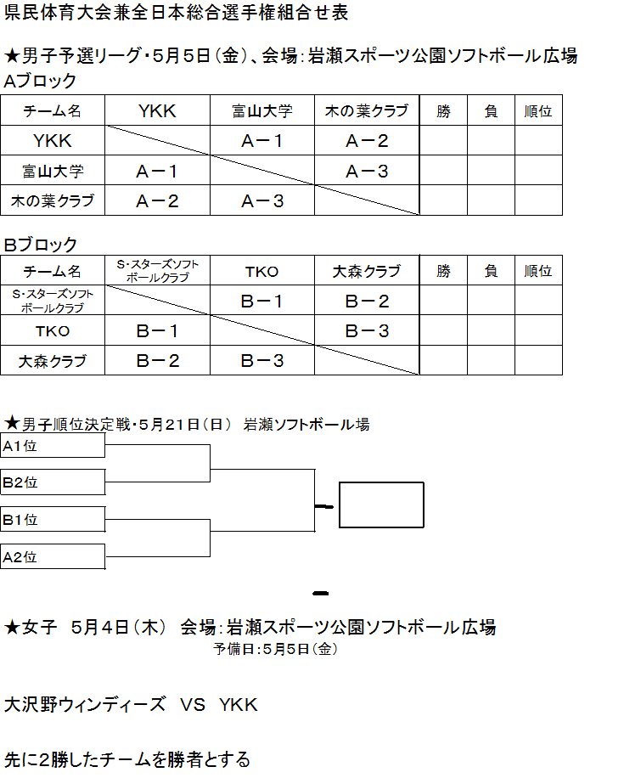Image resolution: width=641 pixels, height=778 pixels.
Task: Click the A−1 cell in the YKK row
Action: click(x=262, y=141)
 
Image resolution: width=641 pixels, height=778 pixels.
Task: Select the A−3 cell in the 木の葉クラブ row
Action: click(x=262, y=201)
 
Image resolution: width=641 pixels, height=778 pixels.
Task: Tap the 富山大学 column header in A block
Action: click(x=262, y=110)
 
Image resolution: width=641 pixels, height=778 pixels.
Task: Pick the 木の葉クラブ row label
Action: click(x=53, y=200)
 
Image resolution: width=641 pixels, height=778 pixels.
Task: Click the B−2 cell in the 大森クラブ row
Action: click(x=158, y=361)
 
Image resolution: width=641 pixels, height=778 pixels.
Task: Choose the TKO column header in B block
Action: click(x=262, y=272)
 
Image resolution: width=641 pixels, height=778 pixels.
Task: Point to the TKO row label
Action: click(x=53, y=331)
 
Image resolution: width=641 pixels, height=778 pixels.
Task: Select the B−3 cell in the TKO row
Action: click(x=367, y=331)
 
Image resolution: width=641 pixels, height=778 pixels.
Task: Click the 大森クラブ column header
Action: click(x=367, y=271)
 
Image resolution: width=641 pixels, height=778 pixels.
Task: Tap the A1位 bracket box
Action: click(x=53, y=445)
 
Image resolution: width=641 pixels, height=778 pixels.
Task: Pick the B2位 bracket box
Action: click(x=53, y=482)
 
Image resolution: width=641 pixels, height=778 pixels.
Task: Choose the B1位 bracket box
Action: click(x=53, y=519)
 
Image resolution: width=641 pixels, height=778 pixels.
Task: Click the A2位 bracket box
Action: click(x=53, y=556)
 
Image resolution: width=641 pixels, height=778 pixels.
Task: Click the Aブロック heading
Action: click(x=40, y=81)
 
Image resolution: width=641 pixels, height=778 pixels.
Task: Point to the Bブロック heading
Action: click(x=41, y=244)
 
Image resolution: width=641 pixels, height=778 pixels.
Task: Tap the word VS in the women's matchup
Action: click(x=193, y=705)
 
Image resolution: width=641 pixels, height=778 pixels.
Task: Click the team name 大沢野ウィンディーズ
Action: click(x=85, y=705)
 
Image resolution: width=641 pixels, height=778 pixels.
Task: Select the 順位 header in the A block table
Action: click(x=538, y=110)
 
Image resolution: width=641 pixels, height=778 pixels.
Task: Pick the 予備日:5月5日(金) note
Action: click(x=276, y=649)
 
